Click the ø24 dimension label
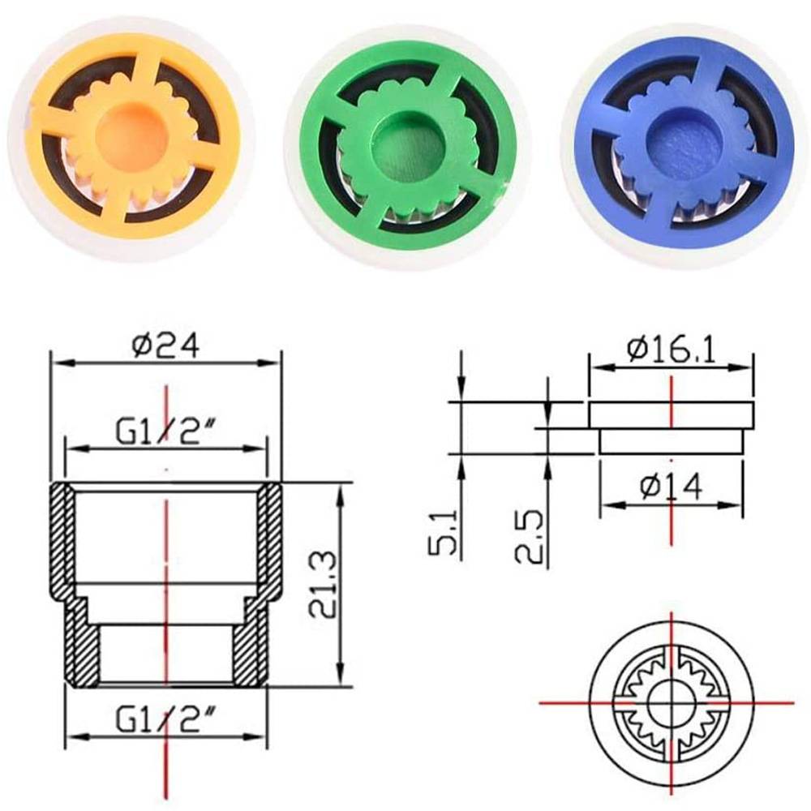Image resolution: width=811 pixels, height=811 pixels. (166, 346)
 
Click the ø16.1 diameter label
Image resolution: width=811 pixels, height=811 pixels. (670, 350)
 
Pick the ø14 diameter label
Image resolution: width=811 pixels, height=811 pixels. (670, 487)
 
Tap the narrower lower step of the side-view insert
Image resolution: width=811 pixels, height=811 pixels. (670, 441)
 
